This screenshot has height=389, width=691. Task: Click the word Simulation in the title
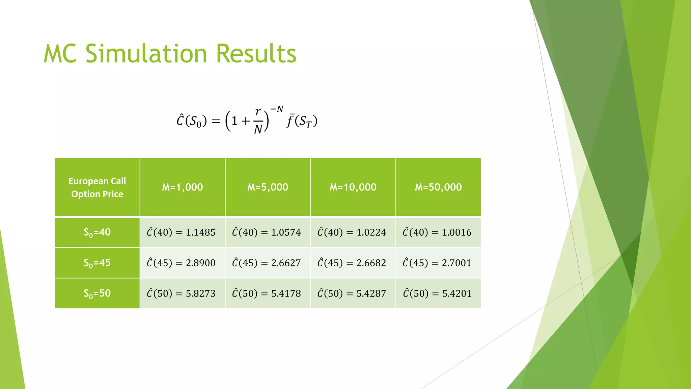click(146, 54)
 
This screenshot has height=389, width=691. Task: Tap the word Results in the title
click(256, 54)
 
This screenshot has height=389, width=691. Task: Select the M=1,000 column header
click(183, 187)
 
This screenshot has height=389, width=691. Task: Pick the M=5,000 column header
click(268, 187)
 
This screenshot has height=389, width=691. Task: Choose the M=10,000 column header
click(353, 187)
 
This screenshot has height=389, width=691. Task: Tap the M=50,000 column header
click(438, 187)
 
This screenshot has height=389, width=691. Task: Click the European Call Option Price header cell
click(97, 187)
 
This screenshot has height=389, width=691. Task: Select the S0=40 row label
click(97, 232)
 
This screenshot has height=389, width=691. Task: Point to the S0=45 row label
click(97, 263)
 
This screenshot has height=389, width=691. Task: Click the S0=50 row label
click(97, 293)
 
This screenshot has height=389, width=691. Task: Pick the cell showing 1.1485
click(183, 232)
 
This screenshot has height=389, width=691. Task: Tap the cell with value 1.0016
click(438, 232)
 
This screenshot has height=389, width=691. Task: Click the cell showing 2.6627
click(268, 263)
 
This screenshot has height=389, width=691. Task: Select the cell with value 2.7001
click(438, 263)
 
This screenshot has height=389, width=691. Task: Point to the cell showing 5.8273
click(183, 293)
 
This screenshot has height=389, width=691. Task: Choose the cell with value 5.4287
click(353, 293)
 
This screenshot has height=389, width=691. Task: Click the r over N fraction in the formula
click(258, 121)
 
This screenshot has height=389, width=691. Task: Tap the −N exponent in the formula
click(277, 109)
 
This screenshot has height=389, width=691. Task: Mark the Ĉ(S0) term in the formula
click(191, 121)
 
